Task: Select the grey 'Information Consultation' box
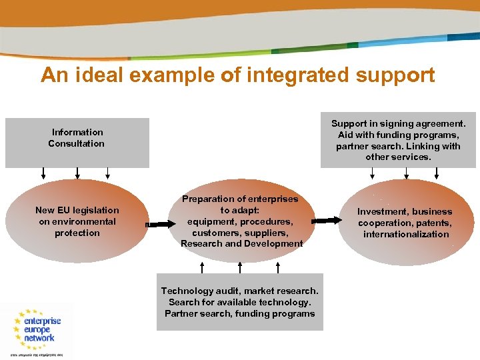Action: (x=77, y=143)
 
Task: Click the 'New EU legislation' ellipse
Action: (x=77, y=221)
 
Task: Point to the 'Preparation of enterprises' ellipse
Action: (x=241, y=221)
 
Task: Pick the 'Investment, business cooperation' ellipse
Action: (x=405, y=222)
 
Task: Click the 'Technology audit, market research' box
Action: (x=240, y=302)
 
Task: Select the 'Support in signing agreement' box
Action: (x=398, y=140)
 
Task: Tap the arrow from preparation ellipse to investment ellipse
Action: (x=326, y=220)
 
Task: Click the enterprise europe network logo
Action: (x=37, y=330)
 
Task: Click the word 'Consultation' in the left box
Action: (x=77, y=143)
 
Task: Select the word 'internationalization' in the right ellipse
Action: (x=406, y=234)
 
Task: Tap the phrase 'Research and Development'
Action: (x=241, y=244)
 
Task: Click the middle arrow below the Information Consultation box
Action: (x=77, y=173)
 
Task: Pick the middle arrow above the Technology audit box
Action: (x=240, y=267)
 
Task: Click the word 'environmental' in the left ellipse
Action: (x=77, y=221)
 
